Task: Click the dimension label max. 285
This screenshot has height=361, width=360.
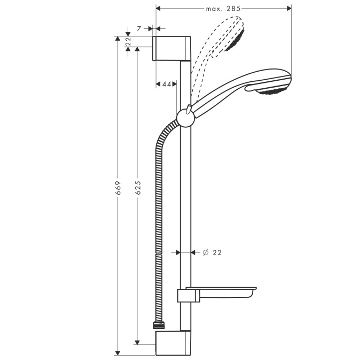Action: pyautogui.click(x=223, y=9)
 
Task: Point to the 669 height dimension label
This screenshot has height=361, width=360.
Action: pyautogui.click(x=118, y=188)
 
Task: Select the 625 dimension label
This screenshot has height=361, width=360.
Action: pyautogui.click(x=138, y=188)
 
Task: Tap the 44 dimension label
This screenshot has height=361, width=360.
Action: pyautogui.click(x=167, y=85)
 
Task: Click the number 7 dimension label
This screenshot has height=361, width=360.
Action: pyautogui.click(x=139, y=29)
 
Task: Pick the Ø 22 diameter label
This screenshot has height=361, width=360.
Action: pyautogui.click(x=212, y=252)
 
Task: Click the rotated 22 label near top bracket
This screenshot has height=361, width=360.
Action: pyautogui.click(x=128, y=41)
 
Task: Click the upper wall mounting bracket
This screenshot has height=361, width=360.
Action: pyautogui.click(x=171, y=48)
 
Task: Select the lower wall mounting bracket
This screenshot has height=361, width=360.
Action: pyautogui.click(x=173, y=343)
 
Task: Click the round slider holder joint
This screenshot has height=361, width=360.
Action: pyautogui.click(x=186, y=118)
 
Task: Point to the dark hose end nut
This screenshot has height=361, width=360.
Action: pyautogui.click(x=159, y=325)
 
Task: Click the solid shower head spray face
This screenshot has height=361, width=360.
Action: pyautogui.click(x=273, y=91)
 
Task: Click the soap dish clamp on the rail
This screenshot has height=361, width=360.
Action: pyautogui.click(x=189, y=296)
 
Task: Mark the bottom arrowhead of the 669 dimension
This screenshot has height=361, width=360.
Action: pyautogui.click(x=118, y=353)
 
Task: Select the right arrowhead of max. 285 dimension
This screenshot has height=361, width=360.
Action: pyautogui.click(x=289, y=9)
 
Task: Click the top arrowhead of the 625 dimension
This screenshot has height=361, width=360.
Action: pyautogui.click(x=137, y=50)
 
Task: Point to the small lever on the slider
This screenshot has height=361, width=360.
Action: pyautogui.click(x=189, y=109)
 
